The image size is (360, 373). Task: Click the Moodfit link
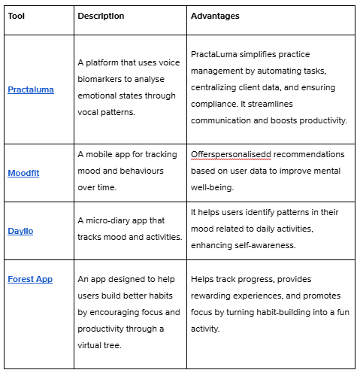(x=23, y=172)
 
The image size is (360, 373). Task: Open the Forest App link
(x=30, y=279)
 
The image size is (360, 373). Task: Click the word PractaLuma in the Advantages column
(x=216, y=54)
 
